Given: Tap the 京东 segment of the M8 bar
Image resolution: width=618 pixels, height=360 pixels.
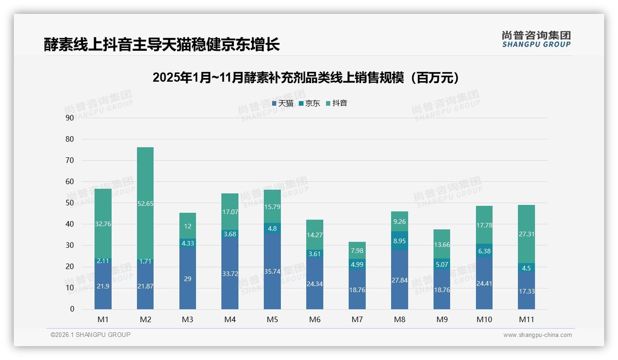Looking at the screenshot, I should [x=399, y=240].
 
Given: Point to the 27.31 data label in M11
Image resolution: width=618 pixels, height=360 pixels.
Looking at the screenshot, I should [x=526, y=234].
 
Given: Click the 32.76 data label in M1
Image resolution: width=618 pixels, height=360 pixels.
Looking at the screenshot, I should [x=103, y=224].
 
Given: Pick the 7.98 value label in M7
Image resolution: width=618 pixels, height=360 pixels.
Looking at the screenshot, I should [x=357, y=251].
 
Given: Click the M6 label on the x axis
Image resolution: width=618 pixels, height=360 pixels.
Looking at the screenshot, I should [x=315, y=319].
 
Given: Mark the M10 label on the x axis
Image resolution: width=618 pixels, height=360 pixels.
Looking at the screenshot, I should [x=484, y=319].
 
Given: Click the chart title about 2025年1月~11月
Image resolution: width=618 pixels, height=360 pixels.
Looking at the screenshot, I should [x=306, y=78].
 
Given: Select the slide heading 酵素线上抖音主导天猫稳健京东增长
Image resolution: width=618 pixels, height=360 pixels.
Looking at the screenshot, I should [x=162, y=44].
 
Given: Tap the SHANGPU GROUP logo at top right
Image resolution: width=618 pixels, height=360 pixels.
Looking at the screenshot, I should [x=536, y=39].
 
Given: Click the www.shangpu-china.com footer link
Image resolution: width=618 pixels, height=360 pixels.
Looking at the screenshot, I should [x=537, y=335].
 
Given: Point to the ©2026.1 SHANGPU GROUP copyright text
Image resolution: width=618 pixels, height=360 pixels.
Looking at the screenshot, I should [x=90, y=335].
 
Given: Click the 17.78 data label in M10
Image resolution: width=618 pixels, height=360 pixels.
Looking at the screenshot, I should [x=484, y=225].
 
